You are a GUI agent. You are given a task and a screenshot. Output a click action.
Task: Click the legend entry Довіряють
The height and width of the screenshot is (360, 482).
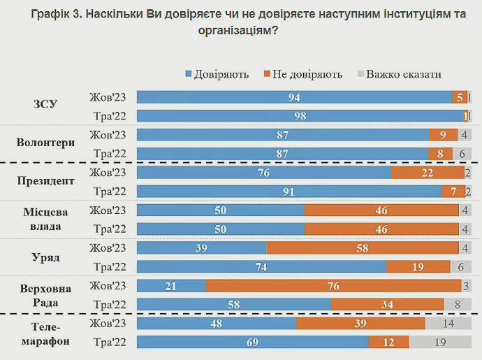pyautogui.click(x=221, y=74)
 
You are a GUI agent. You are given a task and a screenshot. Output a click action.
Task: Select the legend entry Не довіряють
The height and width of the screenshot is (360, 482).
pyautogui.click(x=306, y=74)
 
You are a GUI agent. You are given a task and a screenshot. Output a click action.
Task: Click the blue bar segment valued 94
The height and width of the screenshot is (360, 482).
pyautogui.click(x=294, y=97)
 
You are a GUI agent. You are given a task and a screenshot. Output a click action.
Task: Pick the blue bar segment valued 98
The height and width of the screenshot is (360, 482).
pyautogui.click(x=300, y=116)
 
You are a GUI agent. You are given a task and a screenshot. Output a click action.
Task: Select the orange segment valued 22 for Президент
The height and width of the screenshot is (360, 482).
pyautogui.click(x=428, y=173)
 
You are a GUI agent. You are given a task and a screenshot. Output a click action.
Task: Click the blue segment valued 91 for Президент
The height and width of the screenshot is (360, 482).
pyautogui.click(x=289, y=192)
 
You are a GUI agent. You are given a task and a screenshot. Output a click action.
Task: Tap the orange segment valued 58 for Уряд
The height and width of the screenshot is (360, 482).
pyautogui.click(x=363, y=248)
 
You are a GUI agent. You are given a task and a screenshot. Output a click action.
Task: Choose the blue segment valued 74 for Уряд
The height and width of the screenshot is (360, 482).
pyautogui.click(x=261, y=267)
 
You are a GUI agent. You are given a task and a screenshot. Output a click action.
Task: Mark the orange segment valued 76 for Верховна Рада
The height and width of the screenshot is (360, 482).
pyautogui.click(x=333, y=286)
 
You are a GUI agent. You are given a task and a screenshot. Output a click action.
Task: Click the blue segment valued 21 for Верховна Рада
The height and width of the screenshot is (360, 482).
pyautogui.click(x=171, y=286)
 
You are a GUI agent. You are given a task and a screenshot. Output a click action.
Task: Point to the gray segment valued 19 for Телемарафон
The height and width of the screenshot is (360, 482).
pyautogui.click(x=440, y=343)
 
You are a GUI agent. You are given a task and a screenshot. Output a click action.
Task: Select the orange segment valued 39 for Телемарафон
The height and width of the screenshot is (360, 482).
pyautogui.click(x=360, y=324)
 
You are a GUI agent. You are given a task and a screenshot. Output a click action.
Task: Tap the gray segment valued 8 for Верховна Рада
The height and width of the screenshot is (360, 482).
pyautogui.click(x=458, y=305)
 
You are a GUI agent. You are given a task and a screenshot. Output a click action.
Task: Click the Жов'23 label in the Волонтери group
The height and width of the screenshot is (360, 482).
pyautogui.click(x=108, y=135)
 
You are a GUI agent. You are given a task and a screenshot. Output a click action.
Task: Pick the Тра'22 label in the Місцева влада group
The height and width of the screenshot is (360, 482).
pyautogui.click(x=108, y=229)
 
